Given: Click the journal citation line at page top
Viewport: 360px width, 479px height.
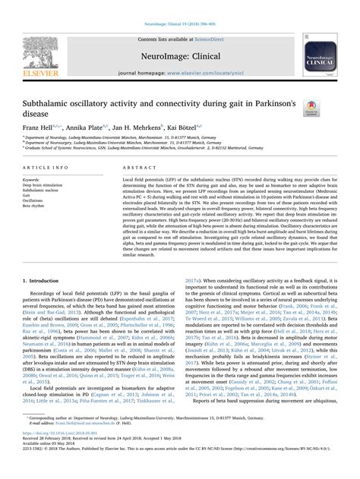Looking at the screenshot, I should pyautogui.click(x=180, y=5).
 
